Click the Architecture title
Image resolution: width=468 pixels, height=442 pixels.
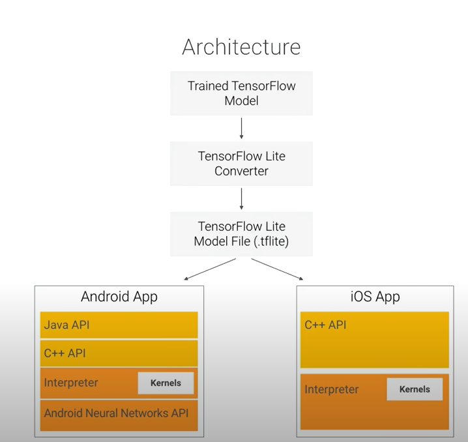(x=241, y=47)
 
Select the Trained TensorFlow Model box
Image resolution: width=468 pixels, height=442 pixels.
(x=241, y=93)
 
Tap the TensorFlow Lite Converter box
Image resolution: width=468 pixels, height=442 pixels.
(x=241, y=164)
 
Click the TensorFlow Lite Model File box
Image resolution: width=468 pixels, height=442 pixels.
(x=241, y=233)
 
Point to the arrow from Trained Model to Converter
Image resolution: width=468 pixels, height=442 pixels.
(x=241, y=128)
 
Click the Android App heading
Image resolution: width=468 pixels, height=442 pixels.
(x=119, y=297)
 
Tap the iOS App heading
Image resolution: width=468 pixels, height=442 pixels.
(x=375, y=297)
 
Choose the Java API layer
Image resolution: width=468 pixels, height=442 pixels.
(x=119, y=325)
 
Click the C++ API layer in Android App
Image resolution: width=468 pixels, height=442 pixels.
(x=119, y=353)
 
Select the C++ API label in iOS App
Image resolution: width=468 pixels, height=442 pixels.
(x=325, y=325)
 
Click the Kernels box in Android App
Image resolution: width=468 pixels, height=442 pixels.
(x=166, y=383)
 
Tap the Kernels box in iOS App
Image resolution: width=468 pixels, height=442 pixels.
(x=415, y=389)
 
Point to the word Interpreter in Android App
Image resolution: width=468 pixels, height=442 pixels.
(x=71, y=383)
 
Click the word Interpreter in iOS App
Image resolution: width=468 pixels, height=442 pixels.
(x=332, y=389)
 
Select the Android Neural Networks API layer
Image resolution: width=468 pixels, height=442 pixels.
(x=119, y=413)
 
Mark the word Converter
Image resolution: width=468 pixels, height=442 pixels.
(x=241, y=171)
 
